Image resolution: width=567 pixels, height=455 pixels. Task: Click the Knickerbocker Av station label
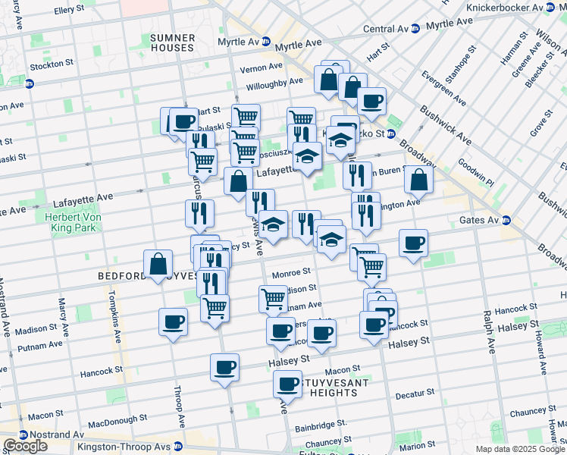pos(511,7)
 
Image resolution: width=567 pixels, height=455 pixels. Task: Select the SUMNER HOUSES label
pos(172,42)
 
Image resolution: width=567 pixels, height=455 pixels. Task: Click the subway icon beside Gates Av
pos(506,220)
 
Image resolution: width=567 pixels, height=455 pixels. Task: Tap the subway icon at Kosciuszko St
pos(390,134)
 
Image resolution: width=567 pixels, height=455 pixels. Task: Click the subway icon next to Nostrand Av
pos(23,435)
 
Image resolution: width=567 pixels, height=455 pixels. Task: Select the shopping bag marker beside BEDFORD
pos(158,265)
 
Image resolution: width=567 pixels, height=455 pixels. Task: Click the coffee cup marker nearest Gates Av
pos(414,243)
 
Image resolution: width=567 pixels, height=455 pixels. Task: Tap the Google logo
pos(25,446)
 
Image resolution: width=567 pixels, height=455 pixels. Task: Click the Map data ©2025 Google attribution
pos(520,449)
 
